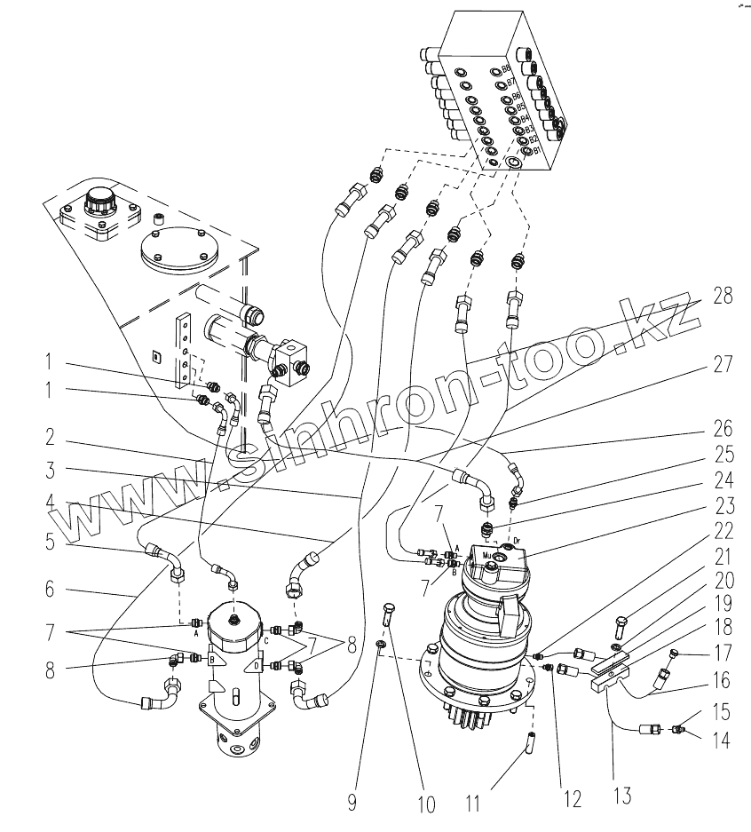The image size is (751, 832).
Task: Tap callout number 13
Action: (x=622, y=795)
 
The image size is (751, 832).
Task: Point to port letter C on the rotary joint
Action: (x=266, y=639)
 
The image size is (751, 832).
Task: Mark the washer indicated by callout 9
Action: (x=381, y=644)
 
